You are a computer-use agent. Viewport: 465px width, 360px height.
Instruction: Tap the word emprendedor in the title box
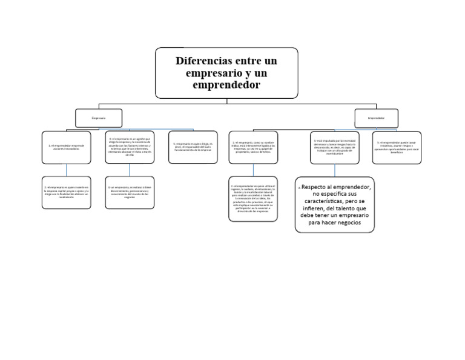226,85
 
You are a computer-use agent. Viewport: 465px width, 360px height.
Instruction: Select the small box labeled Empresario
98,118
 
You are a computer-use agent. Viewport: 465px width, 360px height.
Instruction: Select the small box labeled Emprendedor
376,118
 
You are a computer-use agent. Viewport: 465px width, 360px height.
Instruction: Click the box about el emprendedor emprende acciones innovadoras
67,147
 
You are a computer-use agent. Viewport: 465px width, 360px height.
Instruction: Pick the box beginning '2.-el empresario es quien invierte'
67,193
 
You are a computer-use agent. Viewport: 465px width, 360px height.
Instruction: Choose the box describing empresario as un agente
130,147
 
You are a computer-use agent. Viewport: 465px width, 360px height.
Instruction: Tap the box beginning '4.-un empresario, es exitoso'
130,193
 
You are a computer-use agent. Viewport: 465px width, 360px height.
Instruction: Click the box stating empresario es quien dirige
193,147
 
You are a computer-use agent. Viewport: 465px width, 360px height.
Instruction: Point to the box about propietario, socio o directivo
253,147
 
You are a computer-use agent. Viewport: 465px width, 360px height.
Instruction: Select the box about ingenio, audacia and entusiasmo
253,199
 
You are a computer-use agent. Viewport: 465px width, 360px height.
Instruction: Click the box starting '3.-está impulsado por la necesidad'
335,147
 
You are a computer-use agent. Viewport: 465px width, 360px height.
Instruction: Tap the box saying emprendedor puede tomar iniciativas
397,147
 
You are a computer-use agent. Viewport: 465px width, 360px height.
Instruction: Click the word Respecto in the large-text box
315,188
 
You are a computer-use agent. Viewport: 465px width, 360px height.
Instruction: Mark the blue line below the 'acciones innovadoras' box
67,170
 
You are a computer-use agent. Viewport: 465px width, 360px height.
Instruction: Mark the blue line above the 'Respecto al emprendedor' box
335,171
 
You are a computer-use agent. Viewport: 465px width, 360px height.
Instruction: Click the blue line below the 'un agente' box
130,170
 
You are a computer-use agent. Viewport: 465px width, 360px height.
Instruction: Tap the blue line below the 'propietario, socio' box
253,170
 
